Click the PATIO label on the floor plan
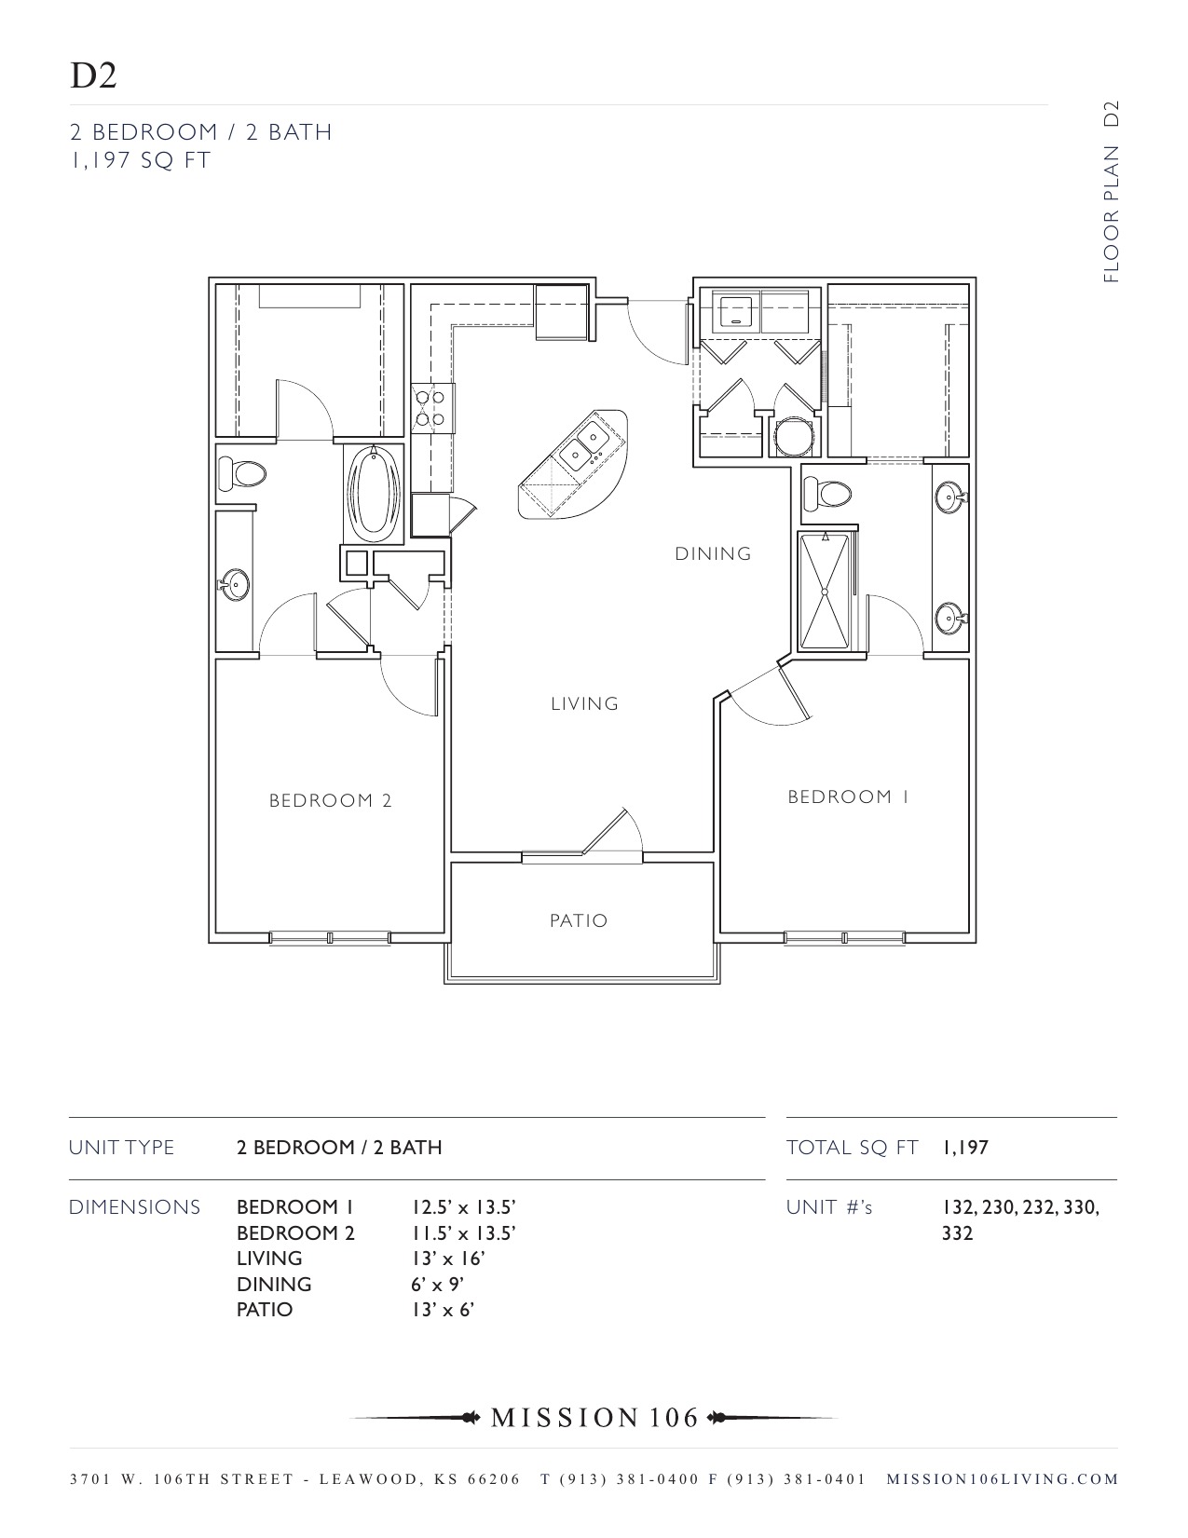[x=578, y=920]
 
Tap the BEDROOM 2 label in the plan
[x=330, y=800]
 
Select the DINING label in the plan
[x=713, y=553]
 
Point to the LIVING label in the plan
[x=584, y=703]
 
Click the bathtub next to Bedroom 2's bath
[x=374, y=494]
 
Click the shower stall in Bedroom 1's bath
[x=825, y=591]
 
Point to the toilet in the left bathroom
[x=241, y=474]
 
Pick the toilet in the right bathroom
[x=827, y=493]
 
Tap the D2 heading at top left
[x=93, y=76]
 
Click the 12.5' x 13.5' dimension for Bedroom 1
[x=463, y=1207]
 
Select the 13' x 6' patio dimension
[x=443, y=1310]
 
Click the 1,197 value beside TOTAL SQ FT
[x=964, y=1148]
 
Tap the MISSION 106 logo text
[x=594, y=1418]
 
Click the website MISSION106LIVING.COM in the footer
[x=1002, y=1478]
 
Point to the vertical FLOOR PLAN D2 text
[x=1110, y=191]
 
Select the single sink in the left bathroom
[x=235, y=586]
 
